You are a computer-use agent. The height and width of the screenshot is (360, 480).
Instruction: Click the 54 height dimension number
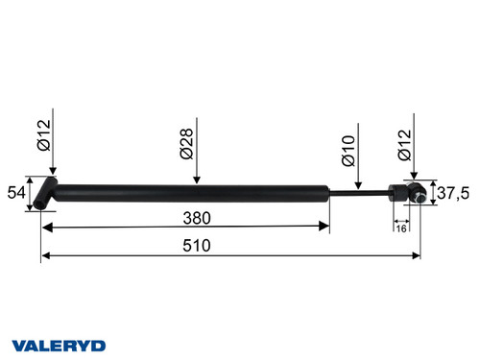pos(17,192)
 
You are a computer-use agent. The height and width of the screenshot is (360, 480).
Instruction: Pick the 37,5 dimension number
pos(452,192)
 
